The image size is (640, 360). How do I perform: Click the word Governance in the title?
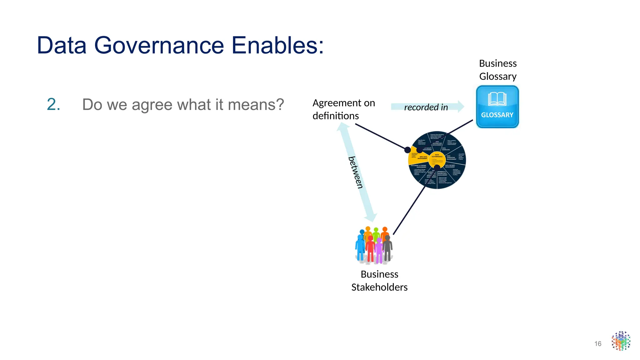click(x=159, y=46)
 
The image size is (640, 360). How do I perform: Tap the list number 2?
click(x=53, y=104)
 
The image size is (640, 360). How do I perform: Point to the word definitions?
click(x=336, y=116)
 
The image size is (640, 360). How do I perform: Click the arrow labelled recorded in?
click(x=427, y=107)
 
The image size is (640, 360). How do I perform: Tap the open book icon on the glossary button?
click(x=497, y=99)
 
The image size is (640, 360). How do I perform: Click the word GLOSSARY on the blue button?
click(x=497, y=115)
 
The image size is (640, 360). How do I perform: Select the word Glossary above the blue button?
click(x=498, y=77)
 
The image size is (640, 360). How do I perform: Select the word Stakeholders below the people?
click(x=379, y=287)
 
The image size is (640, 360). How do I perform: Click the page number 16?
click(x=597, y=344)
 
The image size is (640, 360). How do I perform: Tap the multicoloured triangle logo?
click(x=621, y=341)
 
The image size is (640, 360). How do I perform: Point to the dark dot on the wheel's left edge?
click(x=407, y=150)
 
